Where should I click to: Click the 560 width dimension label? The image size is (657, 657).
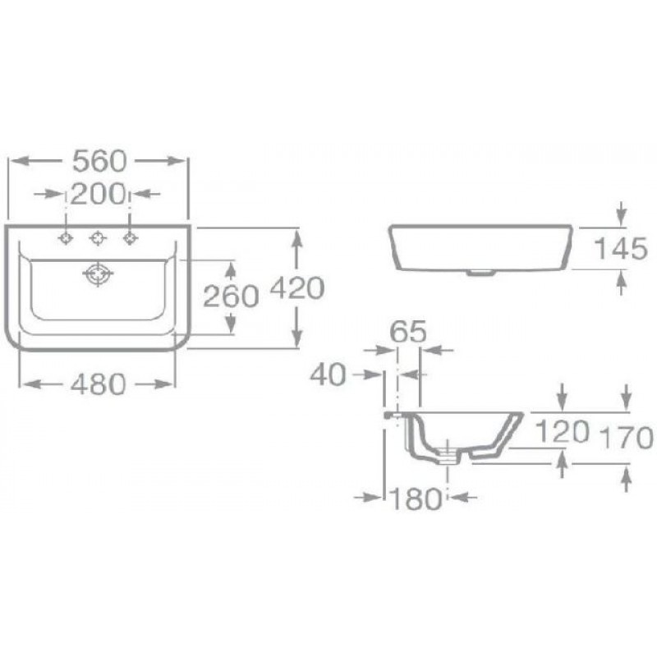coord(99,161)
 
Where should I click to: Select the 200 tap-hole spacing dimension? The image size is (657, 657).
coord(98,194)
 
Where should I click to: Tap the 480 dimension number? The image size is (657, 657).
coord(98,384)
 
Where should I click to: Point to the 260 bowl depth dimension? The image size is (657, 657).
coord(231,296)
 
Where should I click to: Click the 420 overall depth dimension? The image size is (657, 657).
coord(297,288)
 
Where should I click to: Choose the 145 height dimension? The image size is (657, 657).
coord(621,249)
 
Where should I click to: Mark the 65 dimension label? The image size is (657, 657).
coord(408,332)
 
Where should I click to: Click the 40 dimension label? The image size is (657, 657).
coord(328,374)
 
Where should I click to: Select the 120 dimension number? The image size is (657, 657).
coord(563,432)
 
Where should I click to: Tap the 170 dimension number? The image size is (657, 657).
coord(627,437)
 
